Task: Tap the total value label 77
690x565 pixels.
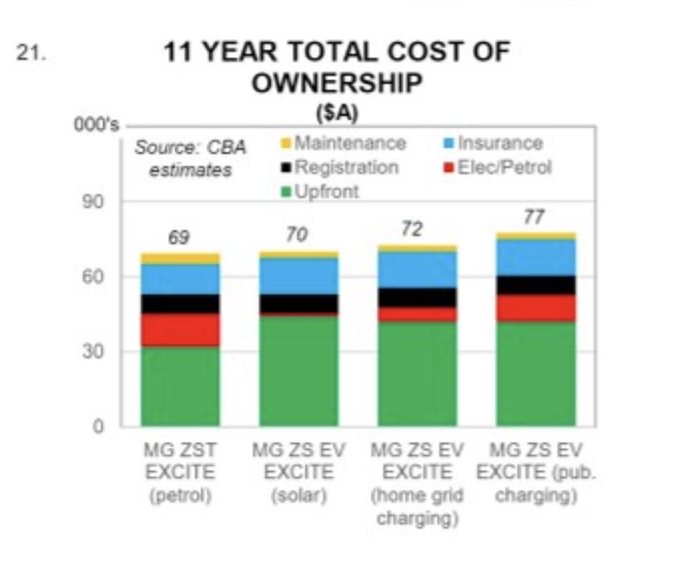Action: [x=534, y=218]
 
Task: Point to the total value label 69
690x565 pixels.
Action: [x=179, y=237]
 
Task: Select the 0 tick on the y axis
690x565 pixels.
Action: [x=100, y=426]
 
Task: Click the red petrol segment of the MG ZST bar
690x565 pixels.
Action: [x=180, y=330]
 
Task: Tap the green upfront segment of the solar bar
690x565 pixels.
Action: [x=299, y=371]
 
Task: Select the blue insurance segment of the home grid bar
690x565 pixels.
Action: [x=417, y=270]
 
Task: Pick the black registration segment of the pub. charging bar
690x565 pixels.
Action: [x=536, y=285]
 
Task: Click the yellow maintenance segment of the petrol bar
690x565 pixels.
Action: [x=180, y=258]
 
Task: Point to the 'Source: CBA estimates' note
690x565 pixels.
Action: [x=191, y=159]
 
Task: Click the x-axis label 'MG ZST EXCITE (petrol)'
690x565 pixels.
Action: [x=180, y=473]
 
